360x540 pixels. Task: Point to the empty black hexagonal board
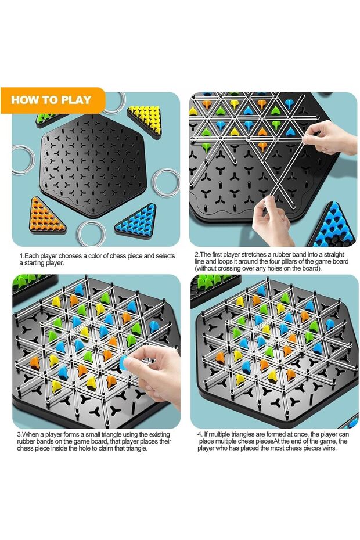pyautogui.click(x=93, y=165)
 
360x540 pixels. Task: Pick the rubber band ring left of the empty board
pyautogui.click(x=23, y=160)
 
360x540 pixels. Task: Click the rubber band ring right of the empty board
pyautogui.click(x=166, y=182)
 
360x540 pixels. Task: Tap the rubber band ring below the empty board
pyautogui.click(x=92, y=233)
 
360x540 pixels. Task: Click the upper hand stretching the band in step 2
pyautogui.click(x=329, y=137)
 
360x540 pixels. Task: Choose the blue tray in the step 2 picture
pyautogui.click(x=333, y=226)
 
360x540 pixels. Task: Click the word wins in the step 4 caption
pyautogui.click(x=330, y=448)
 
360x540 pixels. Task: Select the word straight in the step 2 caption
pyautogui.click(x=332, y=255)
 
